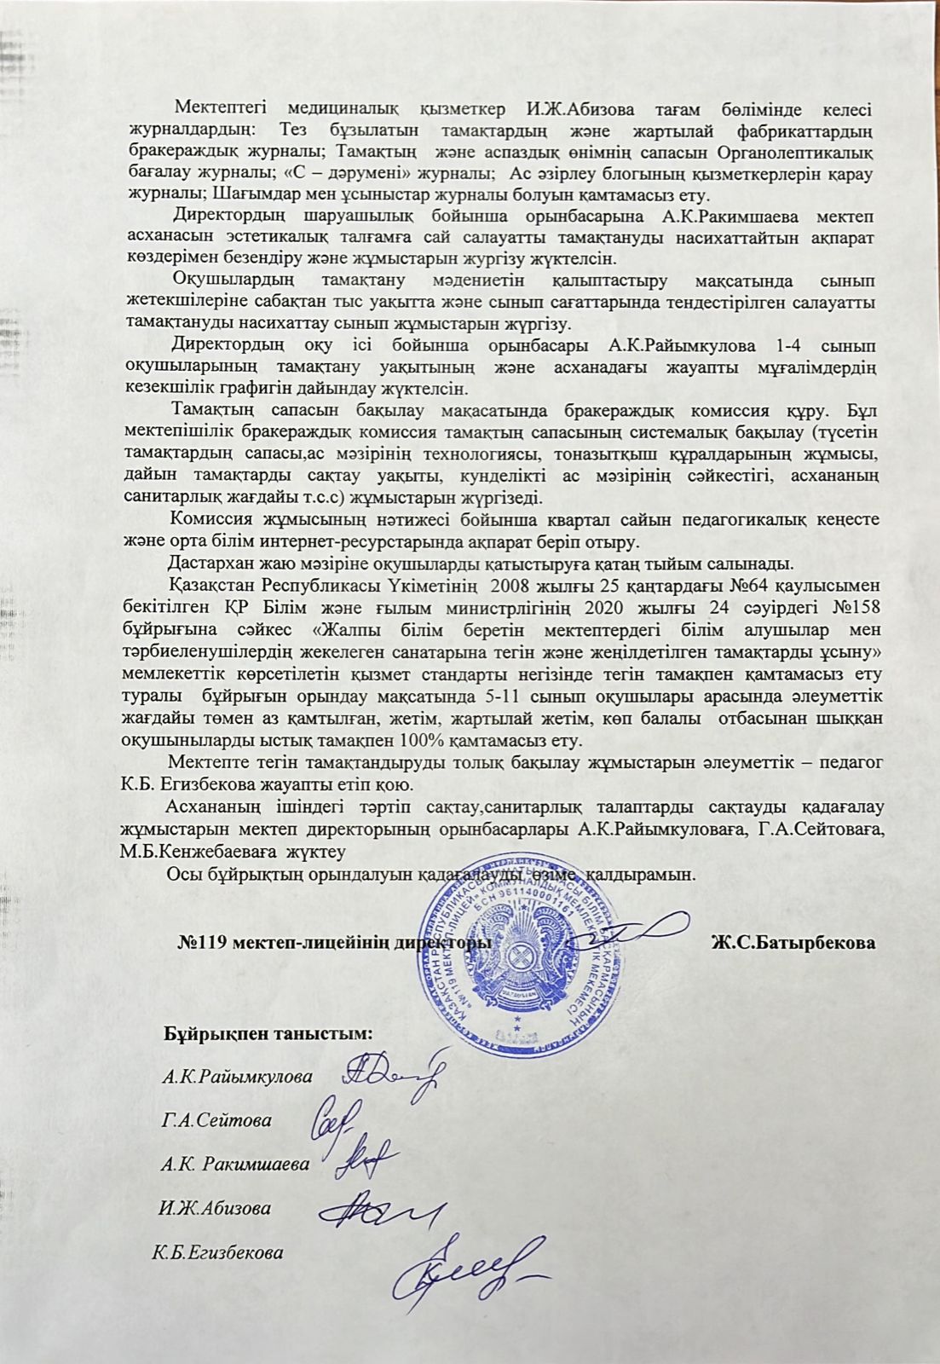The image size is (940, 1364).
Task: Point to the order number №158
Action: tap(854, 606)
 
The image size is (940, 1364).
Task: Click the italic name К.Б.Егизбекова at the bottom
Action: tap(218, 1252)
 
